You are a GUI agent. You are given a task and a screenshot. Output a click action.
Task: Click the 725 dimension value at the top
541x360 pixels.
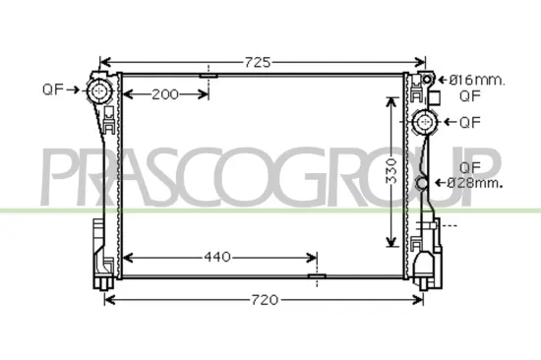[x=258, y=61]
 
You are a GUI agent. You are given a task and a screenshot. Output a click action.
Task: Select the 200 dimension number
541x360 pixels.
[x=165, y=95]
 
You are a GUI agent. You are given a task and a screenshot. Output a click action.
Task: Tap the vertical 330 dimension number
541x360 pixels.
[x=391, y=173]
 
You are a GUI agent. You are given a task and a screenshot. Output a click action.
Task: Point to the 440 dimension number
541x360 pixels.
[x=217, y=258]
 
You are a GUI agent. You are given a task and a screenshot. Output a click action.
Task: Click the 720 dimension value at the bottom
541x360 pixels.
[x=262, y=299]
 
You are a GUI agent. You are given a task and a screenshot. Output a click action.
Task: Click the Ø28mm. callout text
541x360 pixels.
[x=474, y=183]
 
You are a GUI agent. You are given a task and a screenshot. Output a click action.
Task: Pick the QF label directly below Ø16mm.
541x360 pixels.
[x=469, y=95]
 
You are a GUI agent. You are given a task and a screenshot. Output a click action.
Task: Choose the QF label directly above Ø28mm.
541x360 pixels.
[x=470, y=166]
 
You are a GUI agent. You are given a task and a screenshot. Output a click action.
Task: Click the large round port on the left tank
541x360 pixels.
[x=99, y=91]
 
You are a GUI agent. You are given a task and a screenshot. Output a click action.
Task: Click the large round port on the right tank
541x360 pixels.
[x=426, y=122]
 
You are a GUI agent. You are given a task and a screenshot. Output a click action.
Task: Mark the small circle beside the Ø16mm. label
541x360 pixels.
[x=428, y=79]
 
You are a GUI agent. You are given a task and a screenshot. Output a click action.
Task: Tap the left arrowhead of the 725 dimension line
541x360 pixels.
[x=106, y=61]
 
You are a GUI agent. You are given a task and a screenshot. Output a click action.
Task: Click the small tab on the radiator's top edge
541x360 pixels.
[x=209, y=75]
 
